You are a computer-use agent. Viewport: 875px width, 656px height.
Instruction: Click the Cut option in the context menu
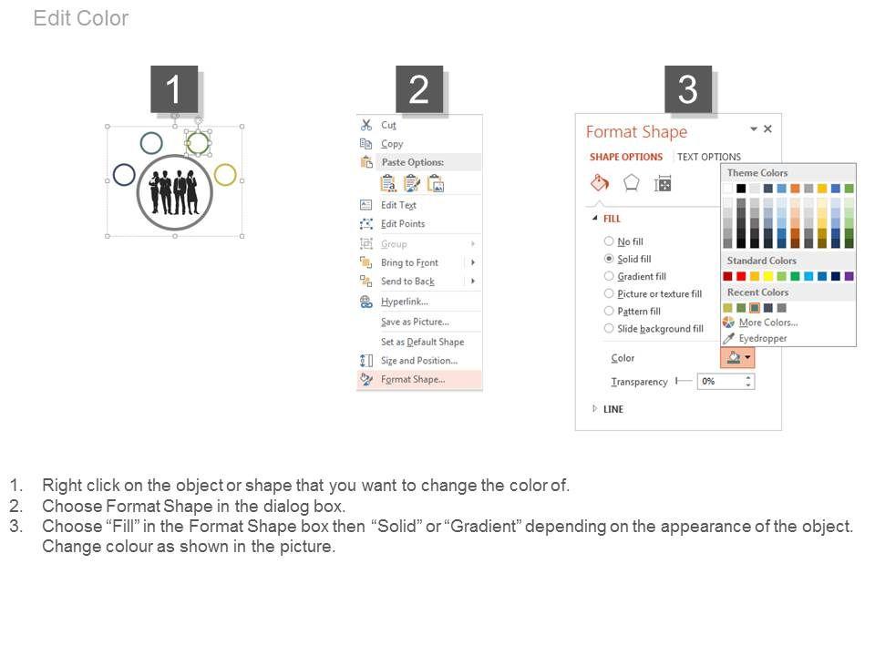[x=388, y=126]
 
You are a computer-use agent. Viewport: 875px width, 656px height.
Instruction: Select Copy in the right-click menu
[x=392, y=144]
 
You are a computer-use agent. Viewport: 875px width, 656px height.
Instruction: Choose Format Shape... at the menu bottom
[x=413, y=379]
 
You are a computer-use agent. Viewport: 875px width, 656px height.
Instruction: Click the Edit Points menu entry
[x=403, y=224]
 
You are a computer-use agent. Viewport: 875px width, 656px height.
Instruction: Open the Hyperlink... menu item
[x=405, y=302]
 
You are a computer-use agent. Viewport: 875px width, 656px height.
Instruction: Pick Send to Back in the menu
[x=408, y=282]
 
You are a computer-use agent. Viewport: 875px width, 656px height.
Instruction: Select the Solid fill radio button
[x=609, y=259]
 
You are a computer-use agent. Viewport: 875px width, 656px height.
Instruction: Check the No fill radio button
[x=609, y=241]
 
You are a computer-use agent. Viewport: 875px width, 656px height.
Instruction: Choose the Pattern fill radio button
[x=609, y=311]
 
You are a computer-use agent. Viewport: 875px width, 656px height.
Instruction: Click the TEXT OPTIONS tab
[x=709, y=158]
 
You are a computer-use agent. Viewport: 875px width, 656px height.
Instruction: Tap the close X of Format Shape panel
[x=767, y=128]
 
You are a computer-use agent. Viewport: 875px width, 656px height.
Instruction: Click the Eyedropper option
[x=762, y=338]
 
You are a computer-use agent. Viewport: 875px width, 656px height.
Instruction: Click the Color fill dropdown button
[x=737, y=357]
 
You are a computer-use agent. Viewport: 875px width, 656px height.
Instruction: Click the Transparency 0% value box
[x=726, y=382]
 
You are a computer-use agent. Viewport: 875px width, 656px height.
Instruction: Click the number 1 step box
[x=174, y=89]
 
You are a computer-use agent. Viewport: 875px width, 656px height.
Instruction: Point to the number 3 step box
[x=688, y=89]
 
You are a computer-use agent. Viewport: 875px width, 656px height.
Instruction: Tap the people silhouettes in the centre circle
[x=175, y=192]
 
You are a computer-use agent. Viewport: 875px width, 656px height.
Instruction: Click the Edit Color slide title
[x=81, y=18]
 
